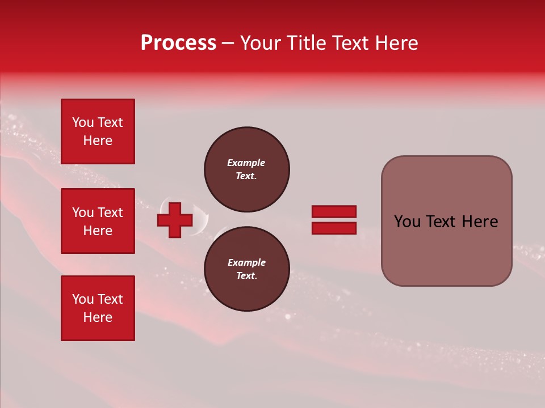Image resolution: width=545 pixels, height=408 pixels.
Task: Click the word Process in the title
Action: pos(178,43)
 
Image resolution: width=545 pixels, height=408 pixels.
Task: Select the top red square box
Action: pos(98,131)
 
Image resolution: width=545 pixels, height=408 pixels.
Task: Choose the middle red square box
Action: pos(98,221)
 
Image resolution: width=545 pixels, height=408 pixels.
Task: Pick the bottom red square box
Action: pos(98,308)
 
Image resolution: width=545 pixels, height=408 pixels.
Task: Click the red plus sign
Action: pos(175,220)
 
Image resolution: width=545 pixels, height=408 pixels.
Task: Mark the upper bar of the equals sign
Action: pos(334,211)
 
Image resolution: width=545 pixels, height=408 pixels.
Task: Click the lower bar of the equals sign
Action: pos(334,228)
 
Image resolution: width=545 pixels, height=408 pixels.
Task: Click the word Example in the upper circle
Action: pos(246,163)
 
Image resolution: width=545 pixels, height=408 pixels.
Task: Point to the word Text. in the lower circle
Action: pos(246,275)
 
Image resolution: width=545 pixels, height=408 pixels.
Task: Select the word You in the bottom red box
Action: pos(83,299)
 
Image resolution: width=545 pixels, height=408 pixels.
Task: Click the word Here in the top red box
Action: pos(98,141)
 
